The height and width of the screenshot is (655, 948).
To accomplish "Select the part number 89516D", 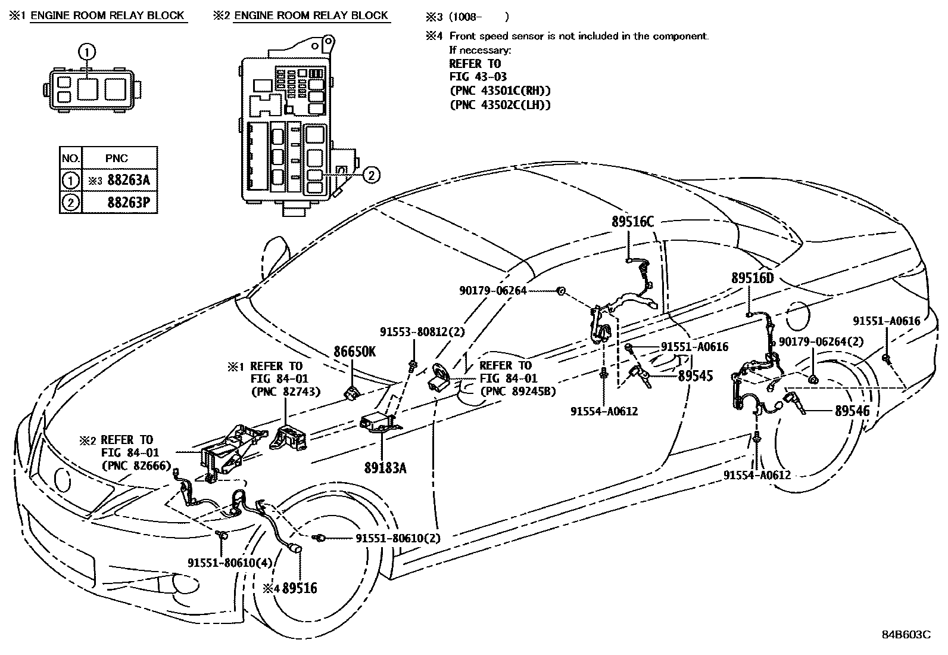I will [x=752, y=278].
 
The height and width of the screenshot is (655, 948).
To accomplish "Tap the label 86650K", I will [x=354, y=352].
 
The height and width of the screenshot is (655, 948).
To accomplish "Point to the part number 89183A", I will [x=385, y=468].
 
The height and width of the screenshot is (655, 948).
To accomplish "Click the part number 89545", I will [x=695, y=376].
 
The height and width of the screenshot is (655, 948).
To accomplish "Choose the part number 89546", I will [x=852, y=411].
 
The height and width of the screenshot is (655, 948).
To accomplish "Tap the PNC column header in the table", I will [x=117, y=158].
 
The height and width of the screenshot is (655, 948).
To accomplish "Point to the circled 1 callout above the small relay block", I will [x=88, y=52].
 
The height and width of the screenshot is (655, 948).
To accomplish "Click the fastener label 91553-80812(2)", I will [x=422, y=332].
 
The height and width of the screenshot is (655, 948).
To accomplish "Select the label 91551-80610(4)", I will [x=222, y=563].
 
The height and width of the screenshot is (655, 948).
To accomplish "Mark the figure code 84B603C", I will [x=906, y=634].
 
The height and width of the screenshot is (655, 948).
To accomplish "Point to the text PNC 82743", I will [x=286, y=392].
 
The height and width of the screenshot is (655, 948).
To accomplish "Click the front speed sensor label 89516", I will [x=300, y=588].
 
